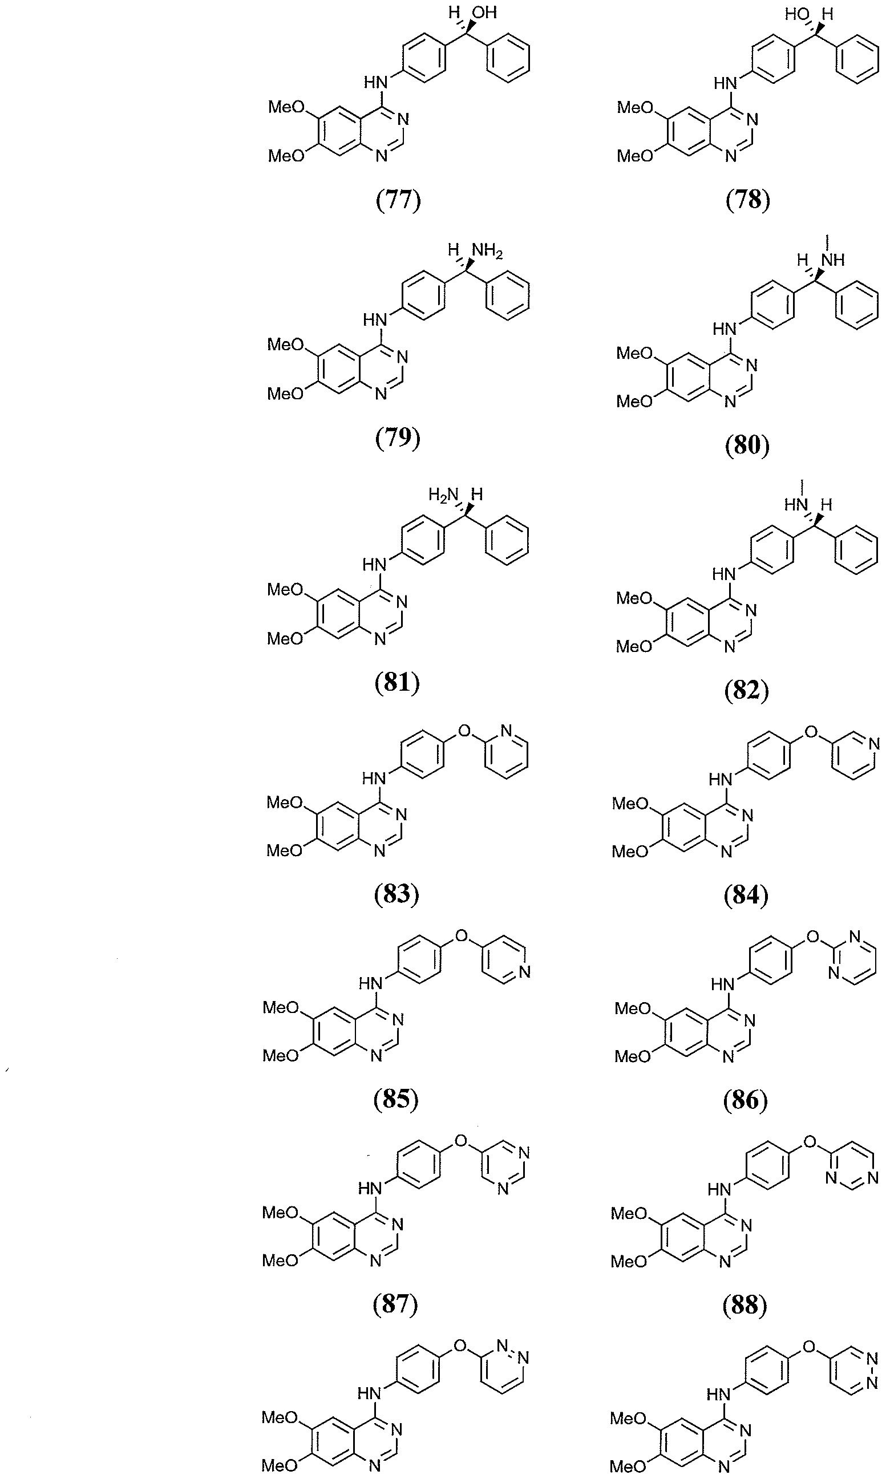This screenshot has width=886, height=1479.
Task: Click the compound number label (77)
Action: pyautogui.click(x=398, y=200)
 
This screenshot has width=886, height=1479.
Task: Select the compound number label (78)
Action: pyautogui.click(x=747, y=200)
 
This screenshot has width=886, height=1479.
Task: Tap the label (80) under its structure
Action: pyautogui.click(x=747, y=445)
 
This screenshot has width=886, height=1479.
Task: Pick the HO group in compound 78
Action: pyautogui.click(x=796, y=13)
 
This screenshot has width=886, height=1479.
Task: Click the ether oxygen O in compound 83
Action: pyautogui.click(x=464, y=730)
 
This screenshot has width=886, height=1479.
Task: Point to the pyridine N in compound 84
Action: pyautogui.click(x=875, y=744)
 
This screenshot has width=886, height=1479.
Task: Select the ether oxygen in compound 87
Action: pyautogui.click(x=461, y=1141)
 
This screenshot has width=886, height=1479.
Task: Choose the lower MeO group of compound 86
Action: pyautogui.click(x=633, y=1057)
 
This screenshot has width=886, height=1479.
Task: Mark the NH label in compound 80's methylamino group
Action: pyautogui.click(x=832, y=260)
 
